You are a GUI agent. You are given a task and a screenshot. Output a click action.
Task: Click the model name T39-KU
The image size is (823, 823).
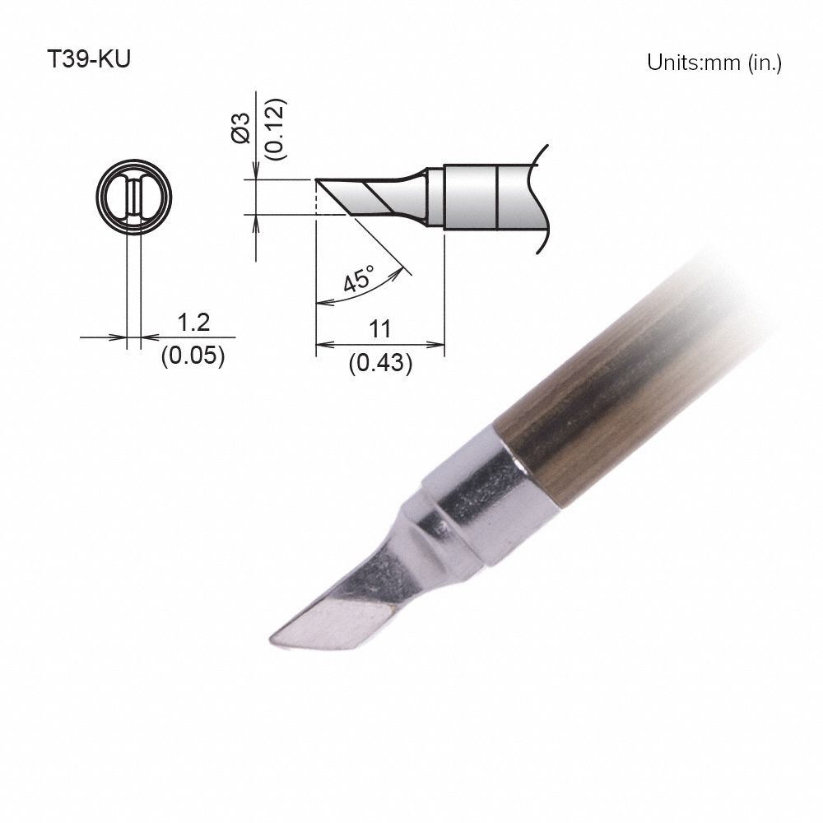(x=88, y=63)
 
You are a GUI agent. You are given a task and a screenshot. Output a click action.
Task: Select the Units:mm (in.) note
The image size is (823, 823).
(x=714, y=63)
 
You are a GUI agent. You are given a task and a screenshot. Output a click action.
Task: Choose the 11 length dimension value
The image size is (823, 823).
(x=379, y=329)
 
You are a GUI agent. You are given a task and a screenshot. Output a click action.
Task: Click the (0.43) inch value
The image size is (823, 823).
(x=379, y=362)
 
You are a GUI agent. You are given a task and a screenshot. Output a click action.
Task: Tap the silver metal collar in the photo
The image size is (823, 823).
(x=486, y=502)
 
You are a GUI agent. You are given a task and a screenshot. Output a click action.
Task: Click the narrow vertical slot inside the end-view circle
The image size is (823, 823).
(x=133, y=198)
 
